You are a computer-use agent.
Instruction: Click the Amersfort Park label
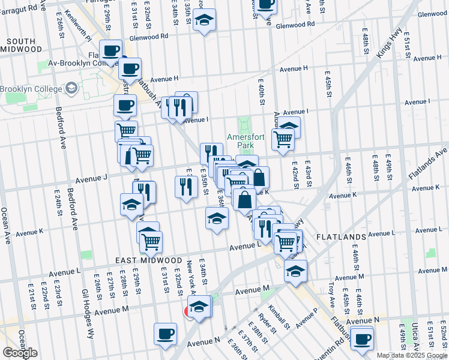coord(246,141)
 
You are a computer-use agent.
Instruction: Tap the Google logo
coord(20,353)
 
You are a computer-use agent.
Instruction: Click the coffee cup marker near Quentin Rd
coord(362,340)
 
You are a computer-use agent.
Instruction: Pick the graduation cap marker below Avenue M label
coord(200,307)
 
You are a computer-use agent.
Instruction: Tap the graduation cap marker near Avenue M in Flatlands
coord(295,271)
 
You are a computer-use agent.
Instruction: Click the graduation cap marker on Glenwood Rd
coord(205,20)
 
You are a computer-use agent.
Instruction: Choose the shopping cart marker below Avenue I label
coord(283,139)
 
